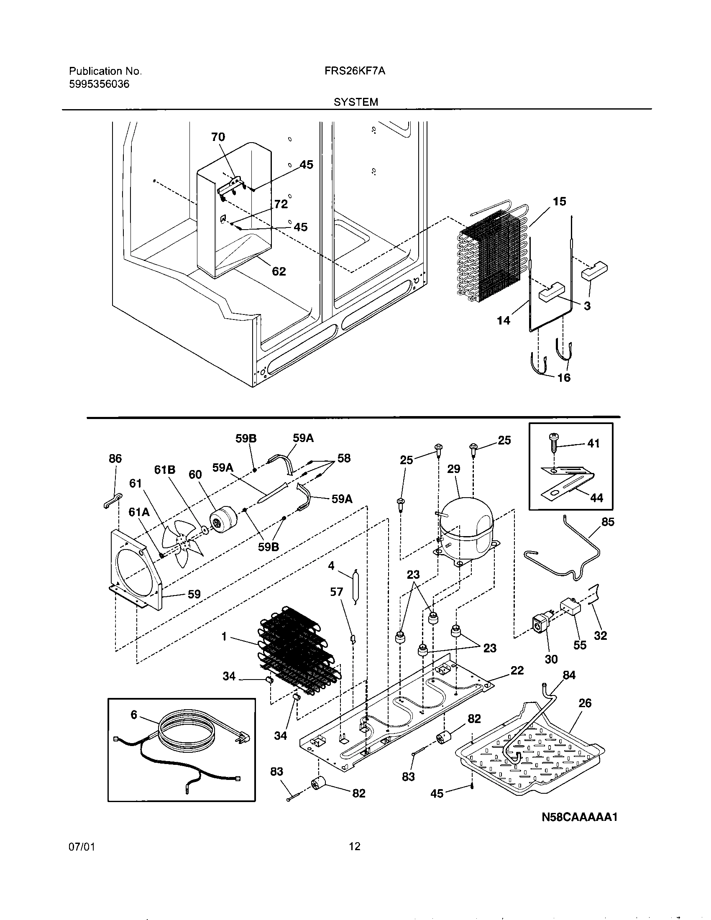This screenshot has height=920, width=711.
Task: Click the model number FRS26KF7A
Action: (x=355, y=71)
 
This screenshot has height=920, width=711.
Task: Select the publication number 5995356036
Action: (x=99, y=84)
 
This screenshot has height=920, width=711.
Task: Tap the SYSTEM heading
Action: (x=355, y=102)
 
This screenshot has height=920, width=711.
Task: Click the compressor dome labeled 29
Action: (x=465, y=526)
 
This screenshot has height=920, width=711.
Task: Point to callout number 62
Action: (x=279, y=271)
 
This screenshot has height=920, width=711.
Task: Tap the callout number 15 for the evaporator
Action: (x=559, y=202)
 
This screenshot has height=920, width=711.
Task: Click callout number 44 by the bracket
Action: (x=596, y=498)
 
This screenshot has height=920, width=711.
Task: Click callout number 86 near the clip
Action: (x=115, y=458)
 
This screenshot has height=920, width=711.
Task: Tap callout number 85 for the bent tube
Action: (x=607, y=522)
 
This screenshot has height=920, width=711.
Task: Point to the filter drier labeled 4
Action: (x=355, y=586)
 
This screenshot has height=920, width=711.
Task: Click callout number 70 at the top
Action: (x=218, y=137)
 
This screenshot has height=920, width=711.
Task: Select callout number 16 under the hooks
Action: (x=564, y=378)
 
